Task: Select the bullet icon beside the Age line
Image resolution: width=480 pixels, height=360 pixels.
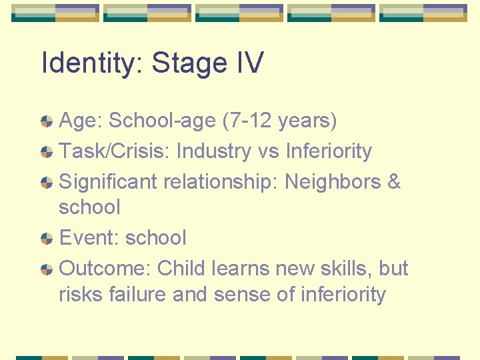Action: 47,121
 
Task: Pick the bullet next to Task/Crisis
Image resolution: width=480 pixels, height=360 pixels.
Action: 47,152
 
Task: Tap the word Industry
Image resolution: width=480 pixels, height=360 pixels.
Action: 215,151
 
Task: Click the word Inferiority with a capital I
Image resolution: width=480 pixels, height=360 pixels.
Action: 329,151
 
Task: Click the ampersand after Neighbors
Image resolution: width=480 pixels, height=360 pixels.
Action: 393,182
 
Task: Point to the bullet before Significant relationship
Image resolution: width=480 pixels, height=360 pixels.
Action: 47,183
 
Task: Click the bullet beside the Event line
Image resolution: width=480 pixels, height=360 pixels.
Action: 47,239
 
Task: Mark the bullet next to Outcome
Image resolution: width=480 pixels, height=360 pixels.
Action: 47,269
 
